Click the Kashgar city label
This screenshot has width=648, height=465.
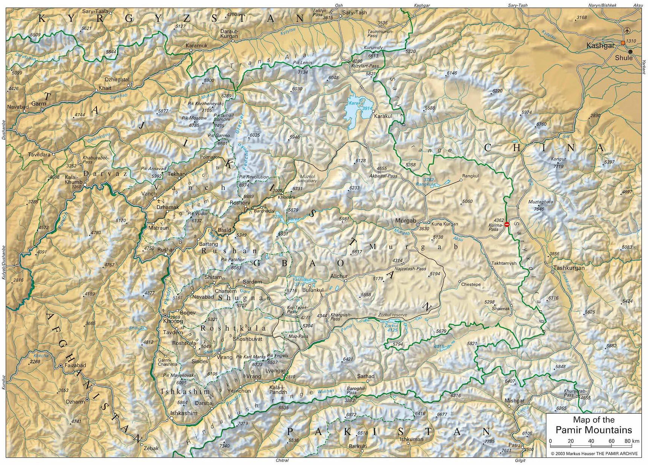[x=600, y=46]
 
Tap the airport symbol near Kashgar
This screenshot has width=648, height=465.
[x=627, y=31]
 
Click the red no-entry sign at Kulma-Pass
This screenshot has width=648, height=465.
[x=507, y=224]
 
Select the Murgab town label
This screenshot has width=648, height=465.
[x=405, y=221]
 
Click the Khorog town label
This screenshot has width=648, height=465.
[x=173, y=321]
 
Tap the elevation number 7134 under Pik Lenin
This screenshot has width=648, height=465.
[x=303, y=72]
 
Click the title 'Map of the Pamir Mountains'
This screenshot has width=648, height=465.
[x=594, y=425]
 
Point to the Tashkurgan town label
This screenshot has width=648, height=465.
[x=569, y=268]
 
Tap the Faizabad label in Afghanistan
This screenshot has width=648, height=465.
[x=75, y=365]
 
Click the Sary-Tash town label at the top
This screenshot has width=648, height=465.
[x=355, y=12]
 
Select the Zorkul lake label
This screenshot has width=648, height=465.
[x=391, y=325]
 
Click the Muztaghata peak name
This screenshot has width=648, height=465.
[x=540, y=202]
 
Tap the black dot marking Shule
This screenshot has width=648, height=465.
[x=630, y=52]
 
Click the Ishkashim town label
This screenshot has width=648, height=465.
[x=184, y=413]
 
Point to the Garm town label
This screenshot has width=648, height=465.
[x=38, y=104]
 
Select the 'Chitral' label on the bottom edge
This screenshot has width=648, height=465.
[x=282, y=460]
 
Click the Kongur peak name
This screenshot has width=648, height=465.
[x=558, y=159]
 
